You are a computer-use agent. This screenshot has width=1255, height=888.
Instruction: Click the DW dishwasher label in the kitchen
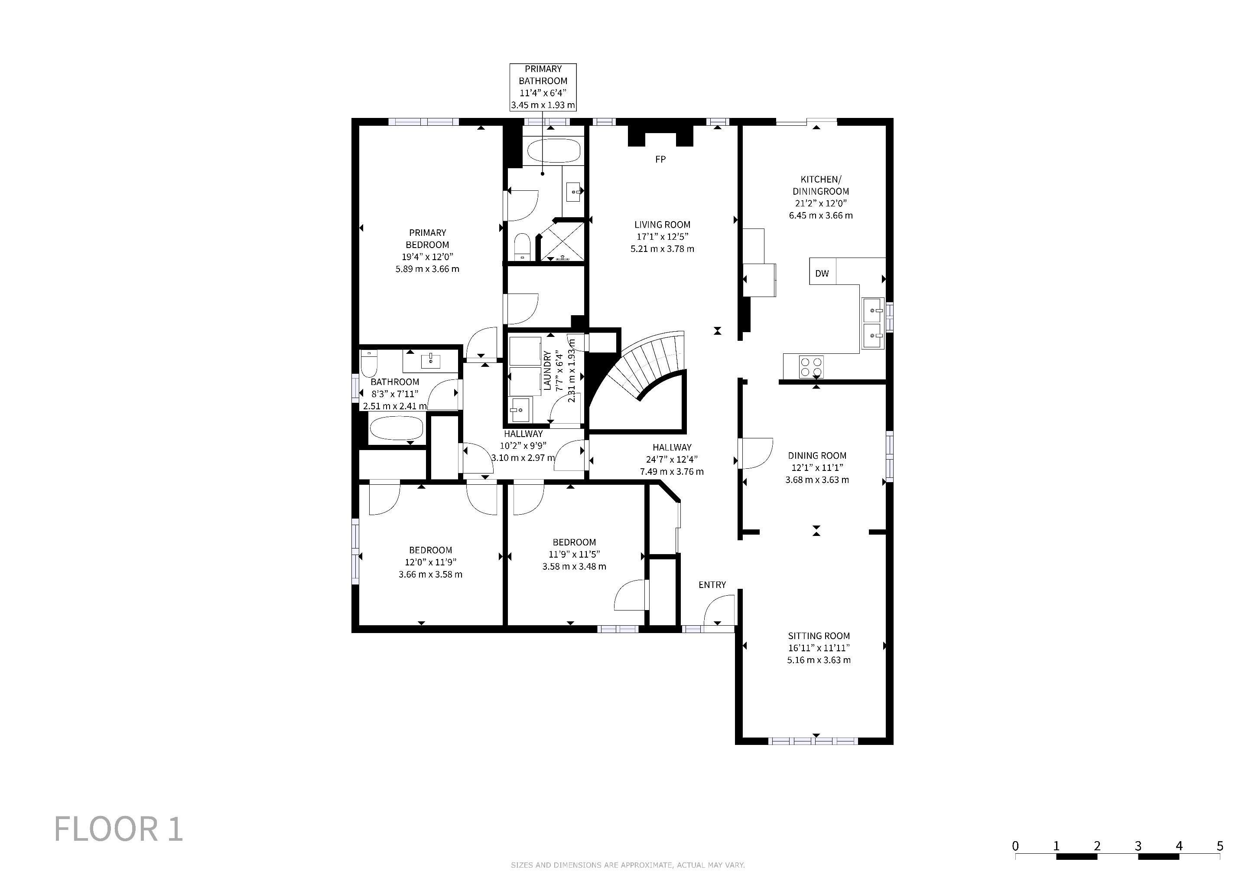[822, 274]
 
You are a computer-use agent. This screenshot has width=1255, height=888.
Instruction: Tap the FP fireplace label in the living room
[660, 159]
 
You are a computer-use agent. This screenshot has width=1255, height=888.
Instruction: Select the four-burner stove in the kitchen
[812, 366]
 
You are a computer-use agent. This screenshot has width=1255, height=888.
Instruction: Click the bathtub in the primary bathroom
[553, 150]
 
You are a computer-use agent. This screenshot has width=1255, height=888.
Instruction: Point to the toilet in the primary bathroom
[523, 247]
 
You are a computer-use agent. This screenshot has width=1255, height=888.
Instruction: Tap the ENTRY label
[712, 584]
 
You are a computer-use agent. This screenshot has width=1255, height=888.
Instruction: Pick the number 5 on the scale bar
[1219, 846]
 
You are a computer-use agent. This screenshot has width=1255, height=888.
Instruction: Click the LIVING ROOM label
[663, 224]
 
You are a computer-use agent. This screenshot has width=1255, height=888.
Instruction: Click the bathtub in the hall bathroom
[396, 428]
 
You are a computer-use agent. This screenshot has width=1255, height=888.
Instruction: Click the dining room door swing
[755, 453]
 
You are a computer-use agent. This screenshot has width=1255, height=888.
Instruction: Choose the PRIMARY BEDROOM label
[427, 238]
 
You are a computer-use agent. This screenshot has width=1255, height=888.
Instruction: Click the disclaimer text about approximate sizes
[627, 865]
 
